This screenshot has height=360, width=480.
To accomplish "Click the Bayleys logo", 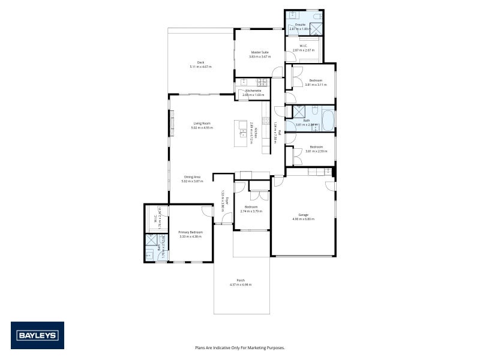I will click(x=37, y=335).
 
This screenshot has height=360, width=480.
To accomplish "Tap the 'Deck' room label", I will click(x=201, y=62).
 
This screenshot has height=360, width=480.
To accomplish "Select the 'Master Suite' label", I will click(x=260, y=52).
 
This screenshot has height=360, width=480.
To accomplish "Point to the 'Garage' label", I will click(x=303, y=215).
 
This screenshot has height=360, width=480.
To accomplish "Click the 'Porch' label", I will click(x=241, y=280).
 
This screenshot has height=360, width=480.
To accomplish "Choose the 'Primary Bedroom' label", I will click(x=191, y=232).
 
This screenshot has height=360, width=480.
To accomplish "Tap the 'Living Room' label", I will click(x=202, y=123).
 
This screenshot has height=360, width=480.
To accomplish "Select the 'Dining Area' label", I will click(x=192, y=177).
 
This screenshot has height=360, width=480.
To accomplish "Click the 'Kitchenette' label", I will click(x=253, y=91).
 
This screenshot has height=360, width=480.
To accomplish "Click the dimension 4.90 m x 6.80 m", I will click(x=303, y=219).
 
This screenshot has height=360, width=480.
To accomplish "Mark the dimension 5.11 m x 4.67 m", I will click(x=201, y=67).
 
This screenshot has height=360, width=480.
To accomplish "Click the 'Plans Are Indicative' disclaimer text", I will click(x=240, y=347).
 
